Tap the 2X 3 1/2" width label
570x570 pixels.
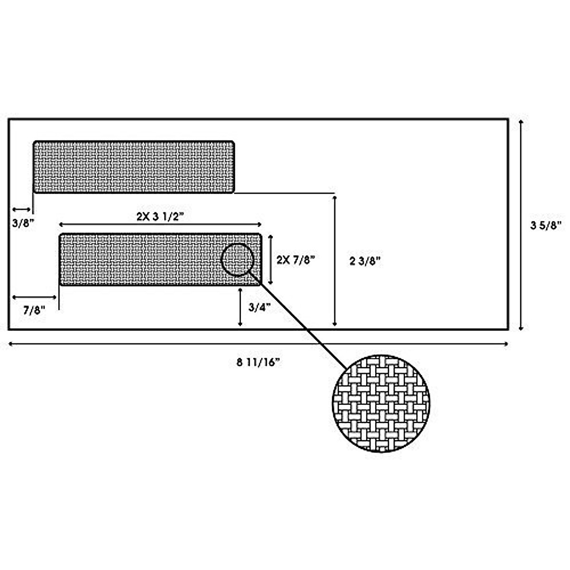(160, 216)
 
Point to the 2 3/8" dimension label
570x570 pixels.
(365, 261)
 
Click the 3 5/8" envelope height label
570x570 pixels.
(546, 225)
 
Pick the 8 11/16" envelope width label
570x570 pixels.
(258, 362)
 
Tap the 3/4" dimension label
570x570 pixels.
(259, 307)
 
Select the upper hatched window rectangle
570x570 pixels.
(133, 167)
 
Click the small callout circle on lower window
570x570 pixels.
(237, 259)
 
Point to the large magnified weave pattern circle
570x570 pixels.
(381, 403)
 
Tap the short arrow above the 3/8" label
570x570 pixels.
(22, 209)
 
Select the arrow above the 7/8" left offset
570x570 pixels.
(34, 297)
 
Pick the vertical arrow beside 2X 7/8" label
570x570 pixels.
(271, 259)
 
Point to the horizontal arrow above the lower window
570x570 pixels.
(160, 224)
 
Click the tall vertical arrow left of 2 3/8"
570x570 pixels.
(335, 260)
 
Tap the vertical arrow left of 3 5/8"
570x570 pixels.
(521, 225)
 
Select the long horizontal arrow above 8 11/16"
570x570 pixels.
(258, 344)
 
